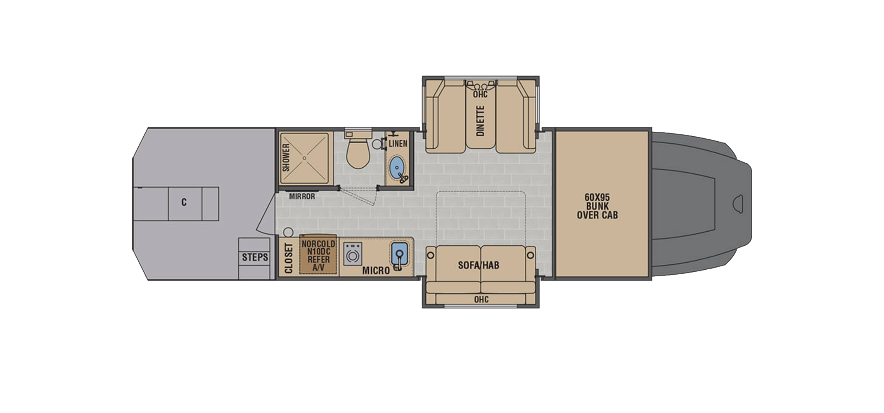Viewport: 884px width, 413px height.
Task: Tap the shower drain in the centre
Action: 305,157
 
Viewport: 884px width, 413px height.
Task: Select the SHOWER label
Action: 286,157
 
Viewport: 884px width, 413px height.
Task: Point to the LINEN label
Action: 398,144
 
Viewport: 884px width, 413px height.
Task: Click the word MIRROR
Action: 302,197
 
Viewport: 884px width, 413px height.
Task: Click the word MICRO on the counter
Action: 376,271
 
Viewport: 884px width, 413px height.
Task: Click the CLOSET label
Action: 289,258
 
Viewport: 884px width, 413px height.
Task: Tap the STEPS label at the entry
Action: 255,257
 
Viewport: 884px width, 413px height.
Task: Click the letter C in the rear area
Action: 184,202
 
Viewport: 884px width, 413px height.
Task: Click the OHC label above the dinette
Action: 480,94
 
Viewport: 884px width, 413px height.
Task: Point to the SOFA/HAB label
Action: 479,265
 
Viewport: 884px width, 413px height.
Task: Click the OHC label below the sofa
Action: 481,299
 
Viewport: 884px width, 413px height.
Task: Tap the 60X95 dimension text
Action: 597,197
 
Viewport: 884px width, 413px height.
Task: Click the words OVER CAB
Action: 597,215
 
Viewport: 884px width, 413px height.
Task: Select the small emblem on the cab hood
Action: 738,204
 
